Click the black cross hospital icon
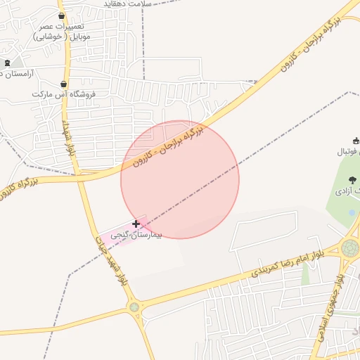pos(136,224)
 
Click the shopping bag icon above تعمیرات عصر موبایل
pos(62,15)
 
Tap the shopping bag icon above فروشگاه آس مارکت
pos(63,84)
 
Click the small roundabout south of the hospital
pos(134,307)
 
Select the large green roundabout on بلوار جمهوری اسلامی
pos(349,247)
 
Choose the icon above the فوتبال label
pos(355,141)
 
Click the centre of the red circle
pos(180,179)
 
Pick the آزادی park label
pos(348,191)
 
